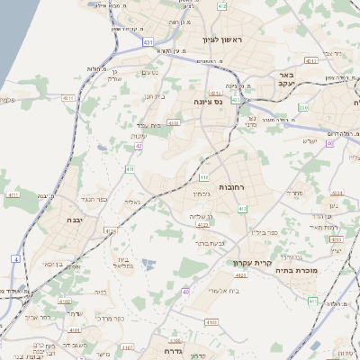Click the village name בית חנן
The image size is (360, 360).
[x=156, y=96]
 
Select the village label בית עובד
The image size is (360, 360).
[x=147, y=125]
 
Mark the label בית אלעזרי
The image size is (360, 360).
[x=224, y=291]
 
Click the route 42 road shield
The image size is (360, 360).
[x=139, y=145]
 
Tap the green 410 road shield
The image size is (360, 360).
[x=204, y=162]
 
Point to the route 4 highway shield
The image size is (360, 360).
[x=15, y=259]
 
